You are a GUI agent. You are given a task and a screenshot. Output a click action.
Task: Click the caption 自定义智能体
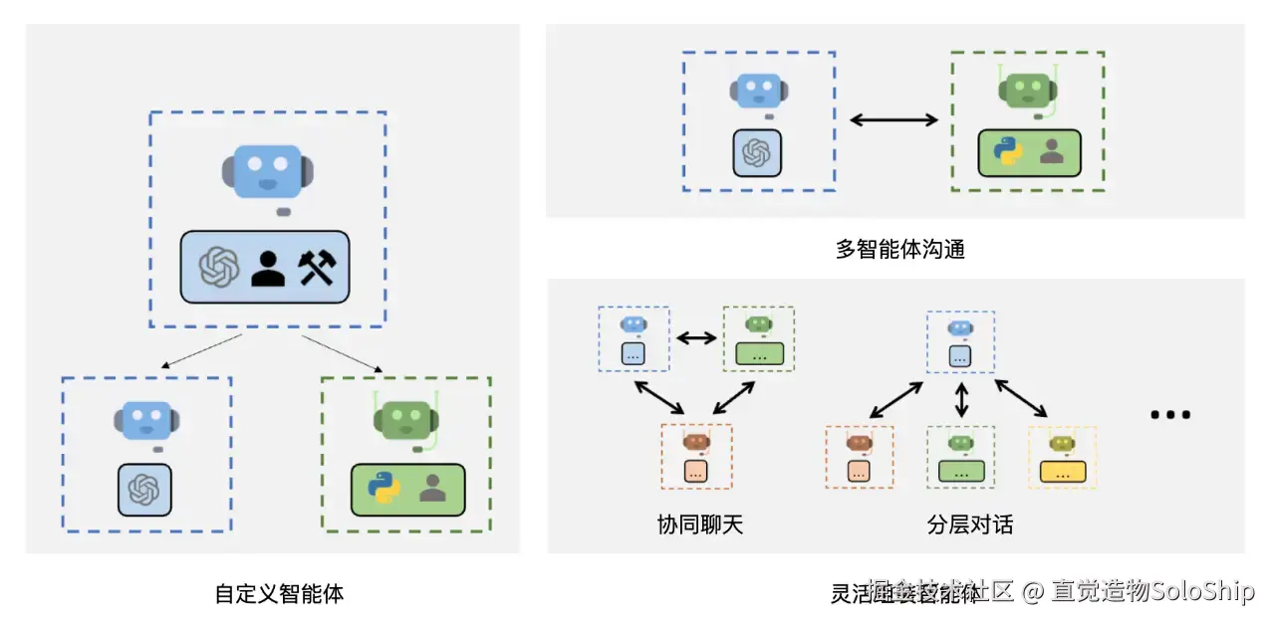coord(280,594)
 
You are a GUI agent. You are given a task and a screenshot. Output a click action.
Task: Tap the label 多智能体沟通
coord(899,249)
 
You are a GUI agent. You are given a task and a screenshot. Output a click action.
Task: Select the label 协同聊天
coord(699,524)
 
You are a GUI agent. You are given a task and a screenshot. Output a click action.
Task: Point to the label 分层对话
coord(969,524)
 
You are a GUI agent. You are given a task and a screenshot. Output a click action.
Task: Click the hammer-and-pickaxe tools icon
coord(318,267)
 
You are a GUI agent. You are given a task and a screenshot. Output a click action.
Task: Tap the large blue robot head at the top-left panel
coord(267,171)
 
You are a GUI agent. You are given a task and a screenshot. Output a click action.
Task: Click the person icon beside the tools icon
coord(268,267)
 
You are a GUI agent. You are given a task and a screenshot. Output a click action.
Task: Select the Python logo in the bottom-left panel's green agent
coord(383,489)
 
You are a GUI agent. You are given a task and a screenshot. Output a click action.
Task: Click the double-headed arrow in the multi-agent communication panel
coord(893,120)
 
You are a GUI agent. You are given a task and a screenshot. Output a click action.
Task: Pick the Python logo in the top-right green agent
coord(1008,153)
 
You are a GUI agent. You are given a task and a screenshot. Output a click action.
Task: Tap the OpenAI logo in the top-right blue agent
coord(757,153)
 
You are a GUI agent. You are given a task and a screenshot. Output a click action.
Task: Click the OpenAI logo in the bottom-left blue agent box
coord(144,490)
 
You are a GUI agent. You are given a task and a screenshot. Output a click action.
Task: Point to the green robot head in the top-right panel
coord(1028,91)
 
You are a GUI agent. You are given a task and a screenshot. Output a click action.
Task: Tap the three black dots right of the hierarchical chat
coord(1170,415)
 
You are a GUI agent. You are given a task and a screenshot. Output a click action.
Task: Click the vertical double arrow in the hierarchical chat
coord(961,401)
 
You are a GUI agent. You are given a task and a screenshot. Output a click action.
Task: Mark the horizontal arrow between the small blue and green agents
coord(696,337)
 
